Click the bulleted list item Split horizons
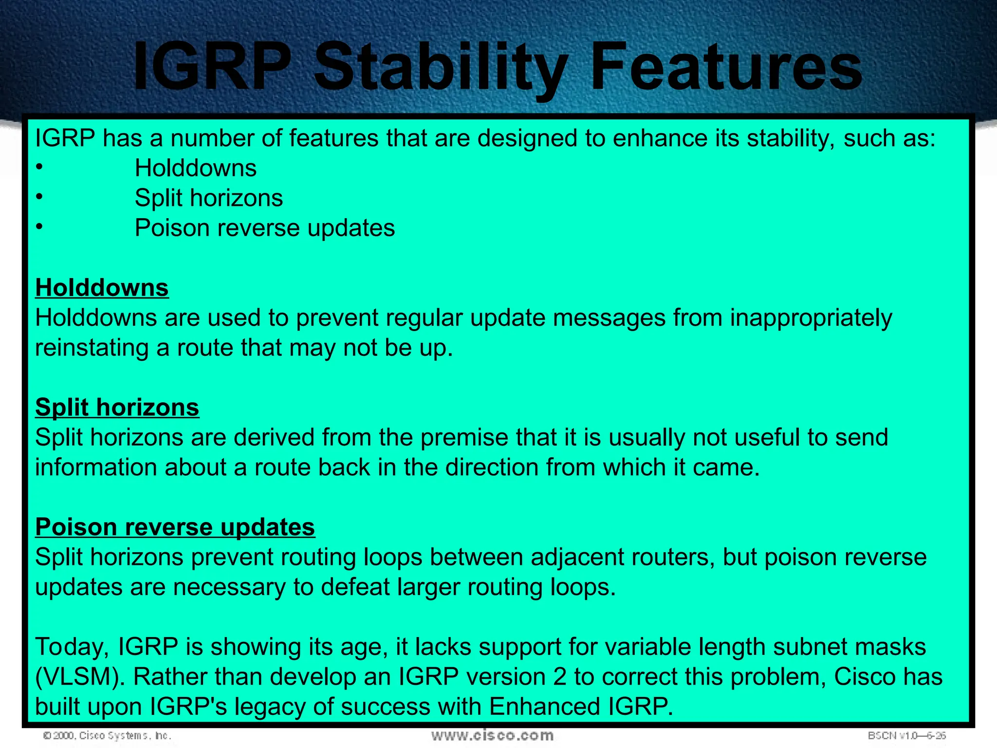[x=208, y=198]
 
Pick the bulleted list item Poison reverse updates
[x=264, y=228]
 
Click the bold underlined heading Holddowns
[x=102, y=288]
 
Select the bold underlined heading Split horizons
[x=117, y=407]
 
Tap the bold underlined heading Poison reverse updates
[x=175, y=527]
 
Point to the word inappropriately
[x=811, y=318]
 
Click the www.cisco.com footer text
[x=492, y=735]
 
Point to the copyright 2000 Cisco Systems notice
[x=107, y=735]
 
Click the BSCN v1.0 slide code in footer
[x=906, y=735]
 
